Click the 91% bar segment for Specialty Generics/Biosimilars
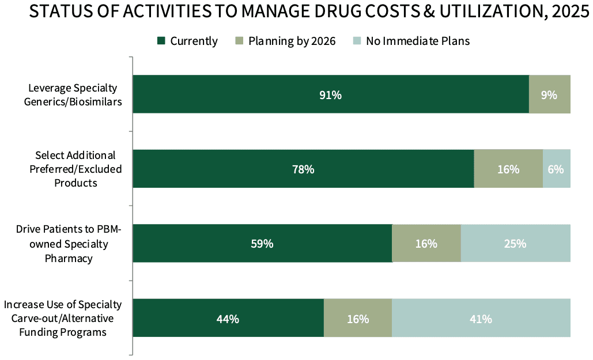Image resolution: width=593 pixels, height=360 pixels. click(331, 94)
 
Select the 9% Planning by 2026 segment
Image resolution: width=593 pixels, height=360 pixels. click(549, 94)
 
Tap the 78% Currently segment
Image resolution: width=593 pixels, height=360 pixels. click(303, 169)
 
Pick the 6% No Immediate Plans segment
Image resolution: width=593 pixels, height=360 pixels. click(556, 169)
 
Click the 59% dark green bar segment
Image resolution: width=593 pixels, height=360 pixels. click(262, 243)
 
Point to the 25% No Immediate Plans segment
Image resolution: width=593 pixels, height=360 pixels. click(515, 243)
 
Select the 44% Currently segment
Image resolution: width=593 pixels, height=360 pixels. click(228, 318)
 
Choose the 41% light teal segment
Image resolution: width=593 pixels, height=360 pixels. click(481, 318)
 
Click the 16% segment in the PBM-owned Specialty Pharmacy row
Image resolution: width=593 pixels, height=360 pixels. click(426, 243)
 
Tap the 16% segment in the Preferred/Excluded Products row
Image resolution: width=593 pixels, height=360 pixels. click(508, 169)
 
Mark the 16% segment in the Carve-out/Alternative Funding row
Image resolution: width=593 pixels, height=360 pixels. click(358, 318)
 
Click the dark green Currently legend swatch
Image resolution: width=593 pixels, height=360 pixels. click(161, 41)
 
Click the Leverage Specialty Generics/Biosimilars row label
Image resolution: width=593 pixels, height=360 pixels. click(73, 94)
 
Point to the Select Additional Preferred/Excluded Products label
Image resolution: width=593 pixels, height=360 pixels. click(75, 169)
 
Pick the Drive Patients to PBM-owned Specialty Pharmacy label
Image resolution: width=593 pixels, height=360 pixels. click(69, 244)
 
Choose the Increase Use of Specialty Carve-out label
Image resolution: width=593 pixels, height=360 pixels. click(63, 318)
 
